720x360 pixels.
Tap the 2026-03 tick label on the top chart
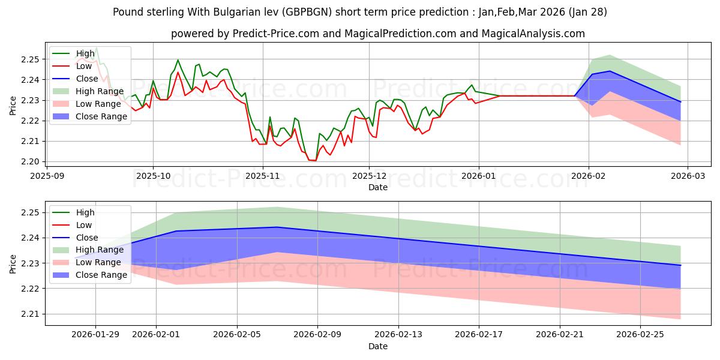[x=688, y=177]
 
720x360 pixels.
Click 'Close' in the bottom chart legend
[x=87, y=238]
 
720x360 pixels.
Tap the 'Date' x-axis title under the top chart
[x=378, y=187]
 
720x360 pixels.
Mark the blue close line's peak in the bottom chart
[x=277, y=227]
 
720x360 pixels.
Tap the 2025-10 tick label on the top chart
[x=153, y=177]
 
